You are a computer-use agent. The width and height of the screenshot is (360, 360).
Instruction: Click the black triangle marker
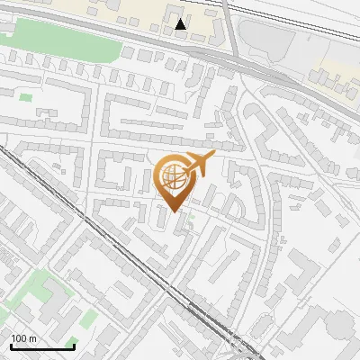[182, 24]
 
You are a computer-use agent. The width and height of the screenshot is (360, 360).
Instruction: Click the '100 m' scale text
[23, 338]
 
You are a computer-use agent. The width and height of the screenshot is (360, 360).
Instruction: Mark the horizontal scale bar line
[41, 346]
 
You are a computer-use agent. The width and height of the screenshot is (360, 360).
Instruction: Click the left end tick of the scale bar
[10, 345]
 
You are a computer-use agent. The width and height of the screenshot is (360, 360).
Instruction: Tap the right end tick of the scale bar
[74, 345]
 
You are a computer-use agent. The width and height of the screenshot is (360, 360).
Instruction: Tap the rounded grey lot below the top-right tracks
[270, 40]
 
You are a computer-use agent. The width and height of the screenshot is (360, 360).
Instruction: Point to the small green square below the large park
[25, 96]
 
